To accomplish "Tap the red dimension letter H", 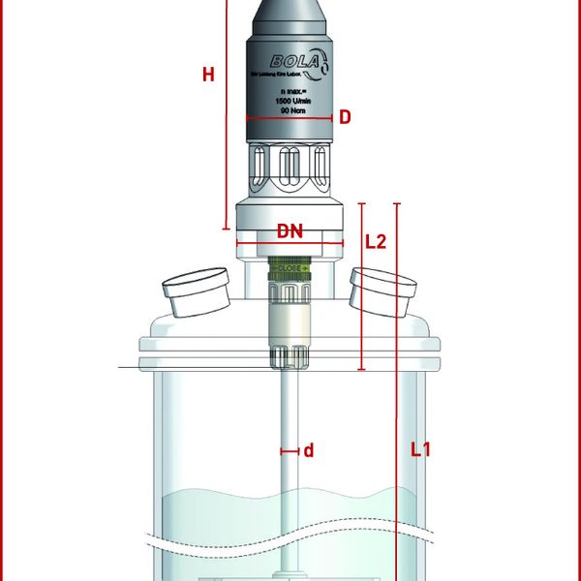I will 208,76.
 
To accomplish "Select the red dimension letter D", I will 344,117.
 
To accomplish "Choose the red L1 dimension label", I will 419,449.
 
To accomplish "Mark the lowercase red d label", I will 309,450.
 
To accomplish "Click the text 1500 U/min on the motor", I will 290,102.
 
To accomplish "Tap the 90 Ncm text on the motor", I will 290,111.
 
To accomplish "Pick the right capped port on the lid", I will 382,291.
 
